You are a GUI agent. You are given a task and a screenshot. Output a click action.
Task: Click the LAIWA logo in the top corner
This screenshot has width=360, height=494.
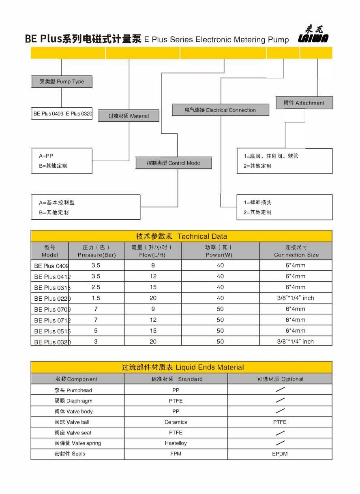pos(313,34)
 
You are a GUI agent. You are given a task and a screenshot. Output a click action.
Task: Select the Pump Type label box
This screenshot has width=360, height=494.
pos(62,81)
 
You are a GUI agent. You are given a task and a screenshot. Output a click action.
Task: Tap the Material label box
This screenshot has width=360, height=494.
pos(129,116)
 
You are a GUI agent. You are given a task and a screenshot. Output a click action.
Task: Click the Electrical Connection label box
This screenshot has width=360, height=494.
pos(220,110)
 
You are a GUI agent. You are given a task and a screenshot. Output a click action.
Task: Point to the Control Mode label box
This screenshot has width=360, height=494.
pos(173,163)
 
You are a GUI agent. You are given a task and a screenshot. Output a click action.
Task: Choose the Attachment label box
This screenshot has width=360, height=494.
pos(304,103)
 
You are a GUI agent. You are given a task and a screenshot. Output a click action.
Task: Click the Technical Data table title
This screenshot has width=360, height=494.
pos(181,236)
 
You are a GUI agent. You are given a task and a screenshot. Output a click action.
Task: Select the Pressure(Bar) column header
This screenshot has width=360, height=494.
pos(96,251)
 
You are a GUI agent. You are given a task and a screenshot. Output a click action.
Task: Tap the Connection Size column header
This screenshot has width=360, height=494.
pos(296,251)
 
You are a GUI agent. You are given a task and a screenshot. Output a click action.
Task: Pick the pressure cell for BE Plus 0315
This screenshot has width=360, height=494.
pos(96,287)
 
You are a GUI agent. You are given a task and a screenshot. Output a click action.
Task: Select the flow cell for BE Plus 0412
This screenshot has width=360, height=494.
pos(153,276)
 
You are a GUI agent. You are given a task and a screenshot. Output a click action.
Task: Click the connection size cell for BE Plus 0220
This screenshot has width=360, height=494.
pos(296,298)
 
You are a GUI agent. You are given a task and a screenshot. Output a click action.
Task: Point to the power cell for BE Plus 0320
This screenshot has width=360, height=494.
pos(220,342)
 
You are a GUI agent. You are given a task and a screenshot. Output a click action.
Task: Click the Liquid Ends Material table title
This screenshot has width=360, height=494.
pos(183,368)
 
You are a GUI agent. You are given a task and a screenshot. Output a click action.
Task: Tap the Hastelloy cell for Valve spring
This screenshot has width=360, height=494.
pos(176,443)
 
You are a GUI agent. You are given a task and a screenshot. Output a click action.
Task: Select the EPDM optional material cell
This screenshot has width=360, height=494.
pos(280,453)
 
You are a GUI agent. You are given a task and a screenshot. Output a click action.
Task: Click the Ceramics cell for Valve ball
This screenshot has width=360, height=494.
pos(176,422)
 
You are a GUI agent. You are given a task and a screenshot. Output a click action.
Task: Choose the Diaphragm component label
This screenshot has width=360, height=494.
pos(73,401)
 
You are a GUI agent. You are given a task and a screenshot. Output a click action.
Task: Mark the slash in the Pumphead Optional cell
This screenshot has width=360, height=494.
pos(280,390)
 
